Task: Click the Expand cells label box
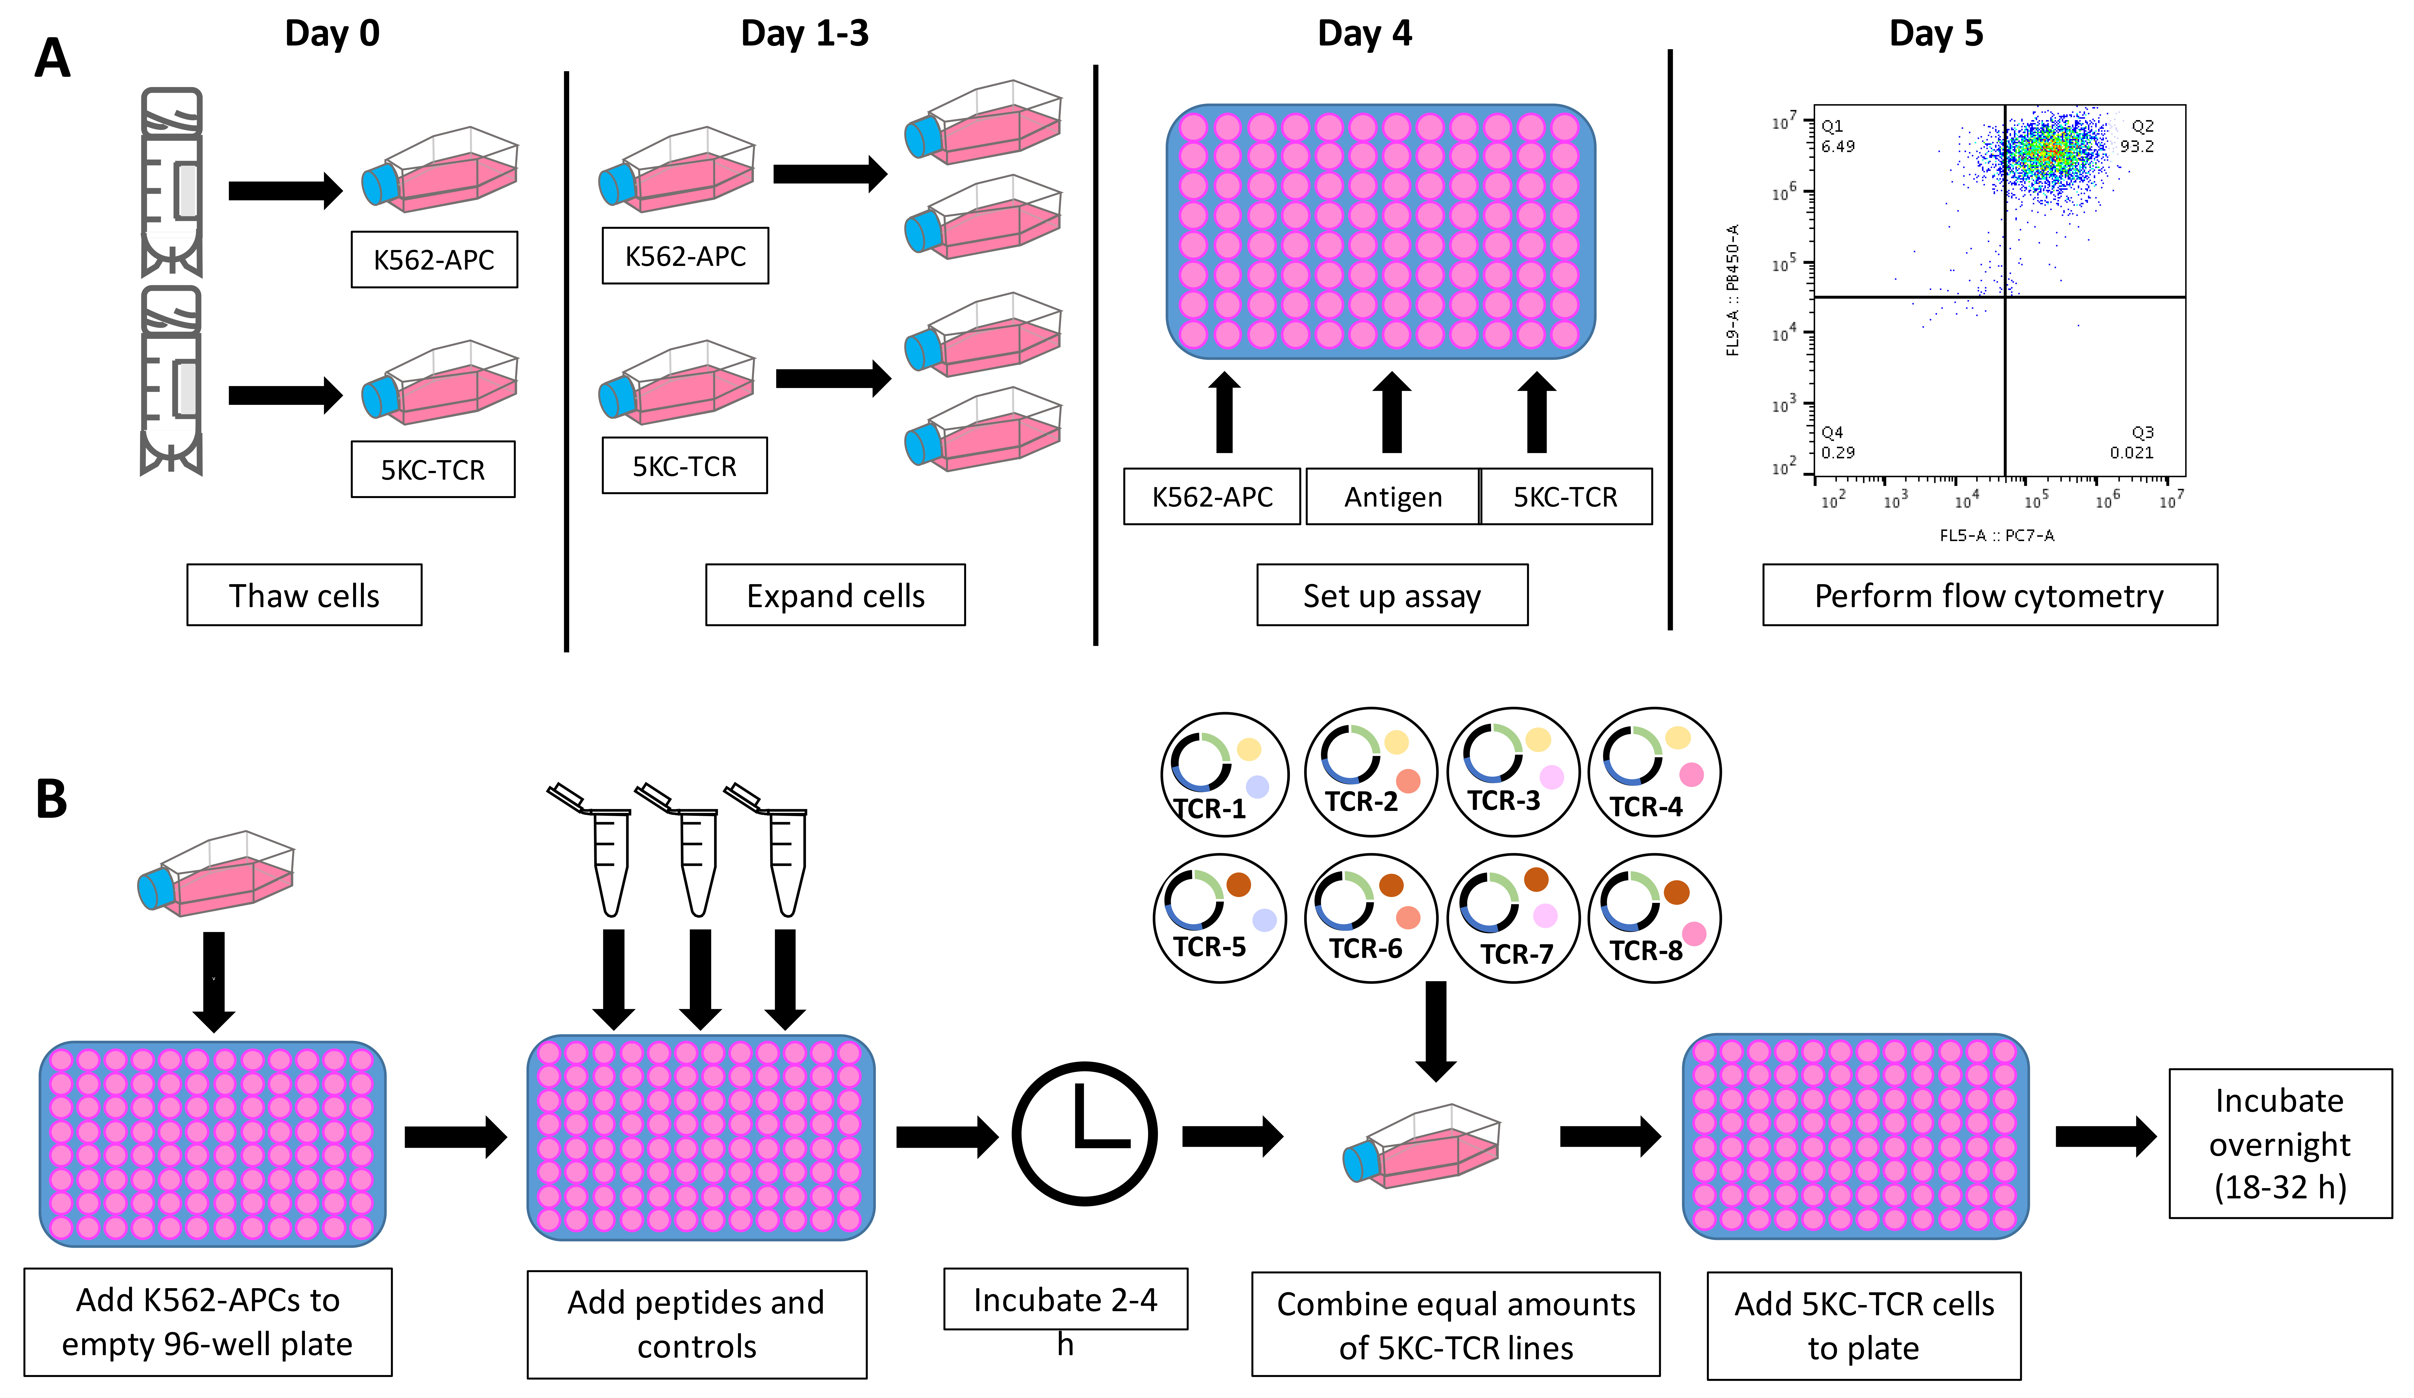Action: tap(835, 595)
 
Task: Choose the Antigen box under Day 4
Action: tap(1393, 496)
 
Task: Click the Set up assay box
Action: tap(1392, 595)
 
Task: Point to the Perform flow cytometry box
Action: tap(1990, 595)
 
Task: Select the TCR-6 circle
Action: tap(1371, 918)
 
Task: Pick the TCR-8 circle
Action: tap(1654, 918)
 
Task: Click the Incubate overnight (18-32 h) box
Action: tap(2280, 1143)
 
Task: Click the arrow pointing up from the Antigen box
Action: tap(1392, 412)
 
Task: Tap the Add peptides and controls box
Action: tap(696, 1324)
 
